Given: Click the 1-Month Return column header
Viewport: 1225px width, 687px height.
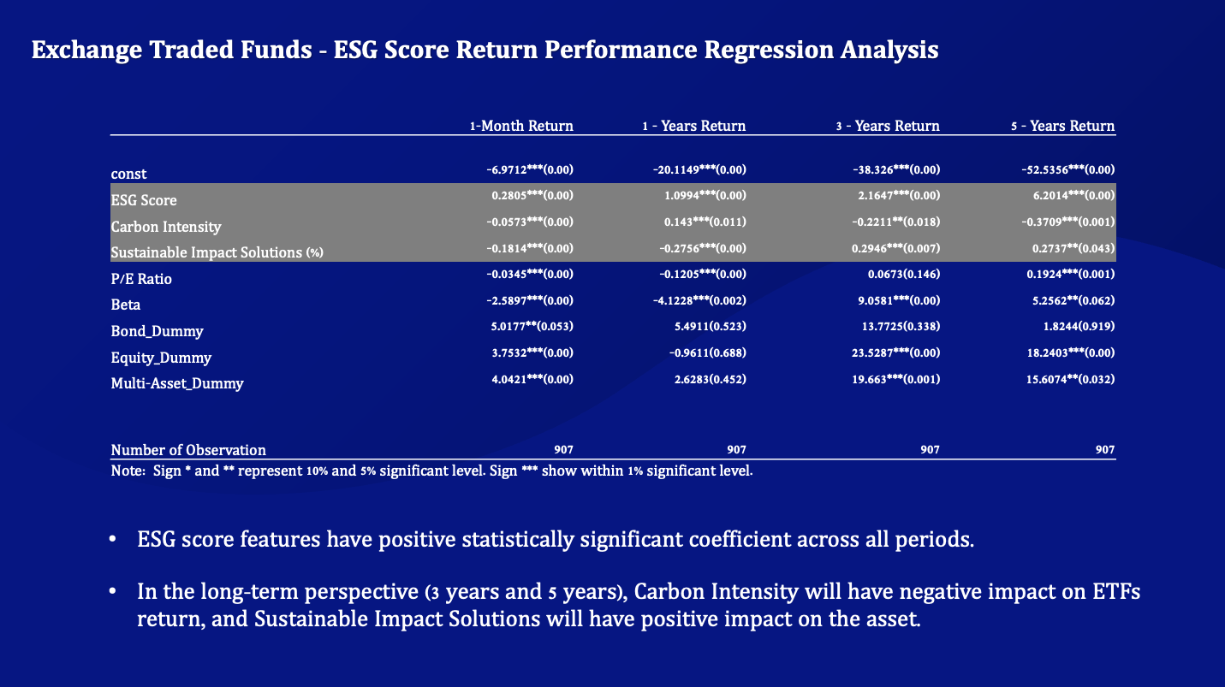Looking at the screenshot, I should (x=521, y=126).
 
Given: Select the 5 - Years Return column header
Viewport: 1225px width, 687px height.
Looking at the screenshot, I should (x=1062, y=126).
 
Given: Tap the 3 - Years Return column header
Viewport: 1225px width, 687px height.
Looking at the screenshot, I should (x=887, y=126).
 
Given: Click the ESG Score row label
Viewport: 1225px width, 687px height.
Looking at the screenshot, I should (x=144, y=200).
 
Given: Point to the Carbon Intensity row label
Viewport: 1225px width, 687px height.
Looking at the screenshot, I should (x=166, y=227).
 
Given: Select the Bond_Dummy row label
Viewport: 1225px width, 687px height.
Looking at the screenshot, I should (x=157, y=331).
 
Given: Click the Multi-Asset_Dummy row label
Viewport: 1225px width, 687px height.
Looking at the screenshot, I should (x=177, y=383).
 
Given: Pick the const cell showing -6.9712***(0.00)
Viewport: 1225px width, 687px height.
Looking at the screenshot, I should (x=529, y=169).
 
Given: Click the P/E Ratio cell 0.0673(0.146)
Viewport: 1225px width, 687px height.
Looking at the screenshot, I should (x=902, y=274).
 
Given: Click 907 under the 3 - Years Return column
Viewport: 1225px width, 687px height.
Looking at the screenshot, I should (x=930, y=449).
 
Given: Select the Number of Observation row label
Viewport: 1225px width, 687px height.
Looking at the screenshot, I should (x=188, y=450).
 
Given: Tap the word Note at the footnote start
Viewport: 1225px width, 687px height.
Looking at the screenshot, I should (x=127, y=471).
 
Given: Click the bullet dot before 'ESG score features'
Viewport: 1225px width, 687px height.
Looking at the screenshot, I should (x=112, y=542).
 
